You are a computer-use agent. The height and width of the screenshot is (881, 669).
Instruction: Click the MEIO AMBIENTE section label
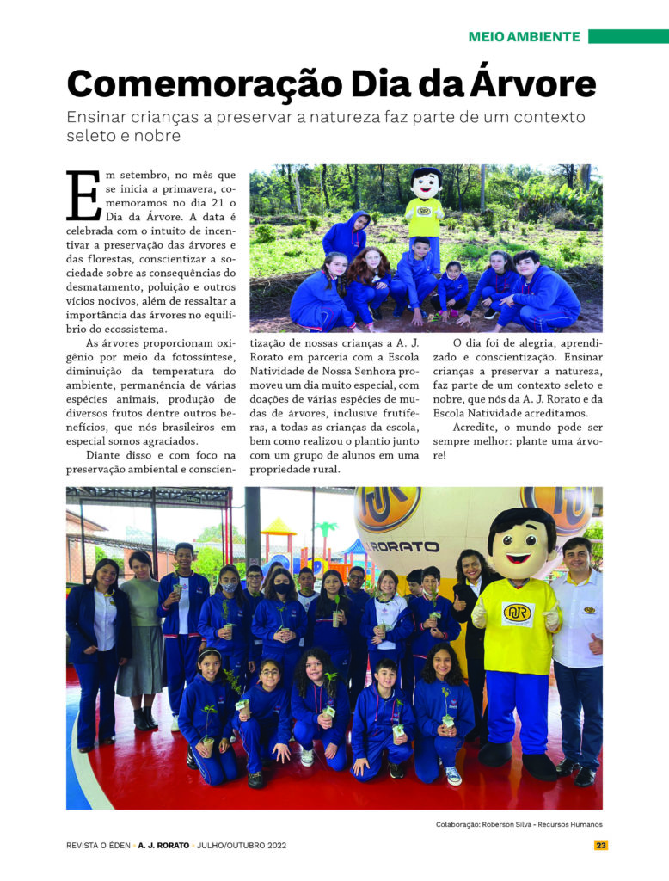point(524,37)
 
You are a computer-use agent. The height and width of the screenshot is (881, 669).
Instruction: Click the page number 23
point(601,845)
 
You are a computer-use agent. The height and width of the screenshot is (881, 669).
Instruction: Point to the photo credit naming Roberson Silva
point(519,824)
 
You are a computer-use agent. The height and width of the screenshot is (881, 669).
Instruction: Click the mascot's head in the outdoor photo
point(426,183)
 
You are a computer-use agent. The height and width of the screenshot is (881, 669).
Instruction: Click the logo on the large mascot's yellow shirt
point(518,613)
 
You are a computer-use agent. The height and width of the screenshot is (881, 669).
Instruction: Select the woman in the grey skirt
point(140,637)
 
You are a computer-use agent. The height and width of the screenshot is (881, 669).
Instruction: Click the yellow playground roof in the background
point(279,526)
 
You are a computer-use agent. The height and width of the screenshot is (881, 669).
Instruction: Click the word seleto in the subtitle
point(89,136)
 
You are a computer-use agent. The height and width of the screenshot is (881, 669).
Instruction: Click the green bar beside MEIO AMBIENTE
point(628,37)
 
